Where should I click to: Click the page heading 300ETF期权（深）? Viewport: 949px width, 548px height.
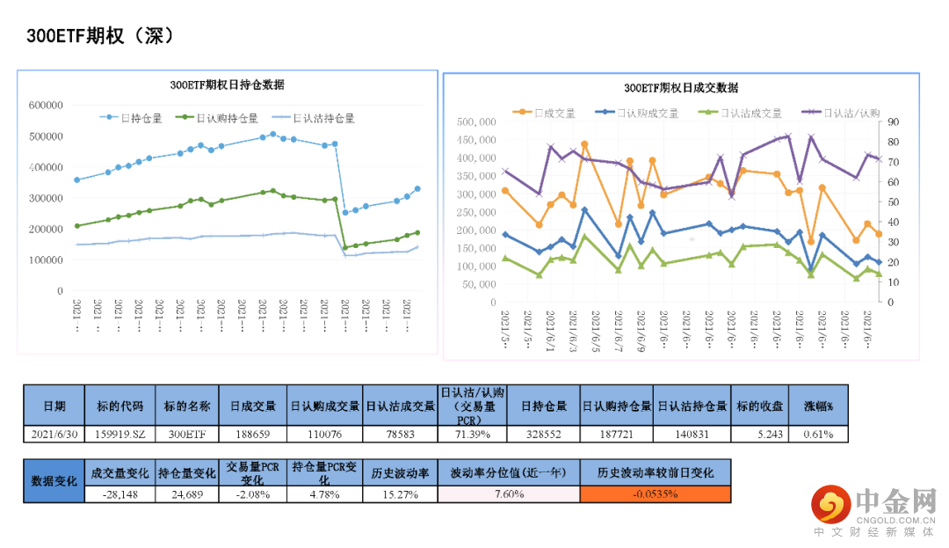(101, 36)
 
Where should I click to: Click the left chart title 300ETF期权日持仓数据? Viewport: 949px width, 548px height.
(227, 85)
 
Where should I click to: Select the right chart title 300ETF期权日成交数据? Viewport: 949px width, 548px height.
(681, 88)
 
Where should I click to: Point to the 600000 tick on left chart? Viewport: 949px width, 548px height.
(46, 105)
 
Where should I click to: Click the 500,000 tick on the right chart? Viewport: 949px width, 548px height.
(474, 121)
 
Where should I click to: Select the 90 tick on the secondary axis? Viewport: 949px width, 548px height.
(894, 121)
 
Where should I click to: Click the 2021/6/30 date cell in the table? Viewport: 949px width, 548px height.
(54, 435)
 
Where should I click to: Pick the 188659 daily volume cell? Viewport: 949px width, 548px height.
(254, 435)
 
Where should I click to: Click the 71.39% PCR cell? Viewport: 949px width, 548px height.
(472, 435)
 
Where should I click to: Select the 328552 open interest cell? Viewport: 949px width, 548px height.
(543, 435)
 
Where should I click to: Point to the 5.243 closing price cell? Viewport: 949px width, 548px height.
(759, 435)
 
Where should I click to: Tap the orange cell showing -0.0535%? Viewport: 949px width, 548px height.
(655, 494)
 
